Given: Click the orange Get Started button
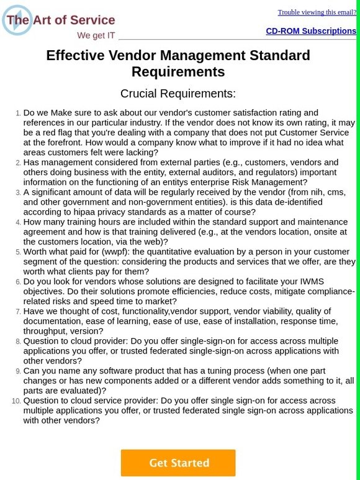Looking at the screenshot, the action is point(178,463).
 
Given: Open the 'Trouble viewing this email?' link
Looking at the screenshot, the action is point(317,12).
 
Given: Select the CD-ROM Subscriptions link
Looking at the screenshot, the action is point(311,31).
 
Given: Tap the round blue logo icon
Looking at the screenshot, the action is point(17,20).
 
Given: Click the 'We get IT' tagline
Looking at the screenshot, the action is point(96,35).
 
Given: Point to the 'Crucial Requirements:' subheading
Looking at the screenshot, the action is point(178,94).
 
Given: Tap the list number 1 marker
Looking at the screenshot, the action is point(17,113).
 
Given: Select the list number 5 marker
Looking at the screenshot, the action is point(17,252).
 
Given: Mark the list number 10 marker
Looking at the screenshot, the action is point(16,401).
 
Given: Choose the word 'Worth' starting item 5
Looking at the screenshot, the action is point(36,252).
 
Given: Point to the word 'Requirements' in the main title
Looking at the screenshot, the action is point(178,72).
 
